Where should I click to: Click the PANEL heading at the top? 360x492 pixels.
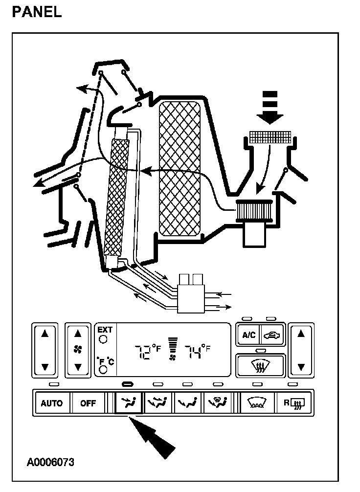37,12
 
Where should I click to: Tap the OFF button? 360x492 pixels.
88,403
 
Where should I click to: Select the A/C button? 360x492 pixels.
249,335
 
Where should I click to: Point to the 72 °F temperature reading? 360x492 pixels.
147,351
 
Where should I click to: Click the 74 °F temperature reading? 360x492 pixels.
197,351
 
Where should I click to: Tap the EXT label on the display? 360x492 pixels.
105,330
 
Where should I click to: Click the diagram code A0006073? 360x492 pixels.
50,462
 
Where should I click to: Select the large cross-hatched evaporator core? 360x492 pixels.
180,169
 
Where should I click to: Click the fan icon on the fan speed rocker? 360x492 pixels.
77,349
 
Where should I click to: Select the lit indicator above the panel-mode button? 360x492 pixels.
128,384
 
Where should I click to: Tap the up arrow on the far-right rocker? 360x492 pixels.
301,334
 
